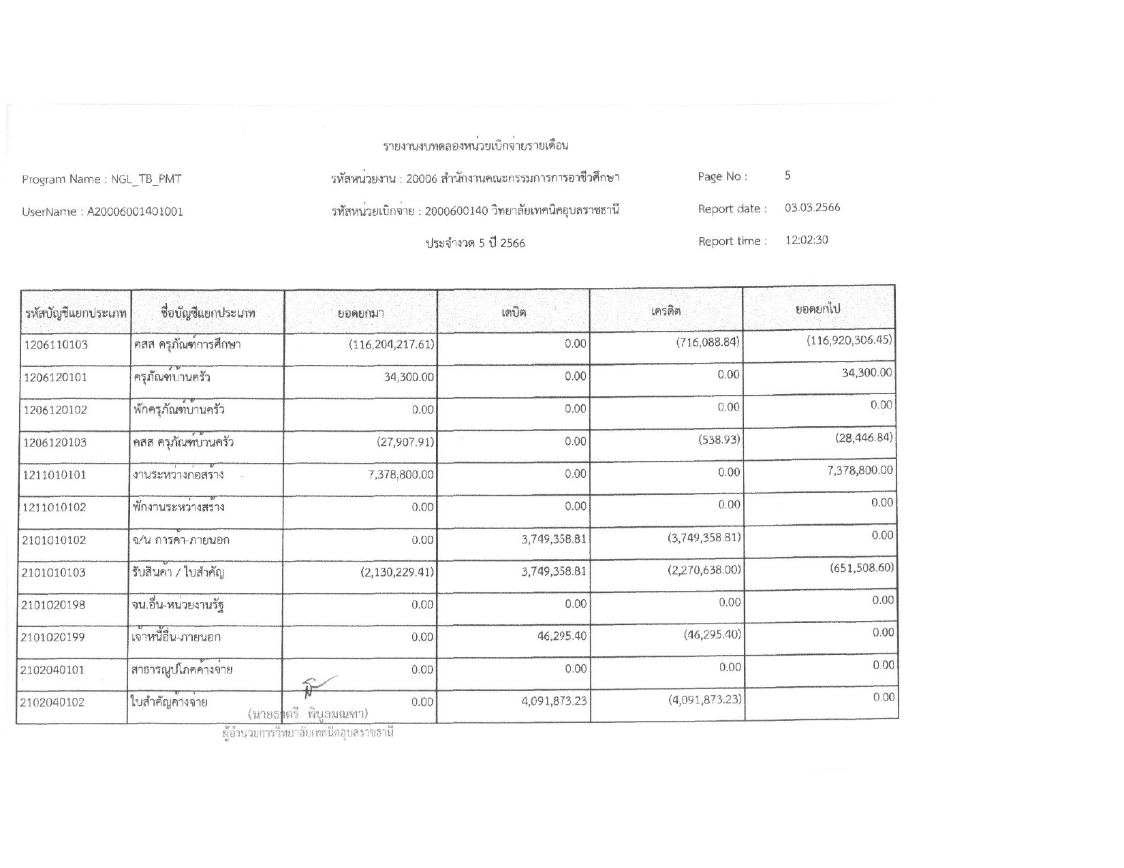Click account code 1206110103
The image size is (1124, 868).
tap(56, 344)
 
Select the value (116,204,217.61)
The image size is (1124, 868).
tap(391, 344)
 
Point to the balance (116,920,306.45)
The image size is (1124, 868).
tap(849, 340)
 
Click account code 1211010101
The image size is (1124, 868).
tap(55, 475)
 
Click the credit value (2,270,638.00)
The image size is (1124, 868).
tap(704, 569)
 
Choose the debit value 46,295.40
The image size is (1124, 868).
tap(557, 636)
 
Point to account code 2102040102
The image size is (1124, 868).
tap(53, 703)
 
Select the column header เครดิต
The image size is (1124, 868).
tap(666, 311)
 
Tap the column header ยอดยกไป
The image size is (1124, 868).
tap(818, 309)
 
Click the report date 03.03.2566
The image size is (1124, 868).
tap(812, 208)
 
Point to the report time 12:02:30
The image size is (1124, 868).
tap(807, 240)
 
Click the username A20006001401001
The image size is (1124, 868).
tap(135, 212)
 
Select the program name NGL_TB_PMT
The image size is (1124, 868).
tap(146, 180)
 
